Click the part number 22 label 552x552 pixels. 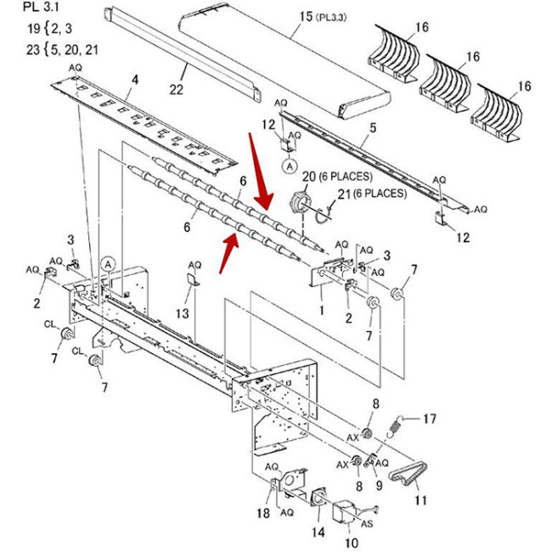[x=176, y=89]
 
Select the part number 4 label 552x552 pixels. [x=133, y=81]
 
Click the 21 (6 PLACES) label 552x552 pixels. [x=371, y=194]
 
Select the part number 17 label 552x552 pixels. [x=429, y=418]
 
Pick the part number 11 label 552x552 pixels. [x=420, y=500]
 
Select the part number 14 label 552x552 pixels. [x=318, y=532]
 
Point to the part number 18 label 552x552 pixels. [x=263, y=514]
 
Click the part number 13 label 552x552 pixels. [x=182, y=313]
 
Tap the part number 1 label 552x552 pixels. [x=322, y=311]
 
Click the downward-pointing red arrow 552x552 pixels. [x=259, y=174]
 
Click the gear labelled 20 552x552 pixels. [x=300, y=204]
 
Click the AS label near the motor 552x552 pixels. [x=369, y=524]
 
